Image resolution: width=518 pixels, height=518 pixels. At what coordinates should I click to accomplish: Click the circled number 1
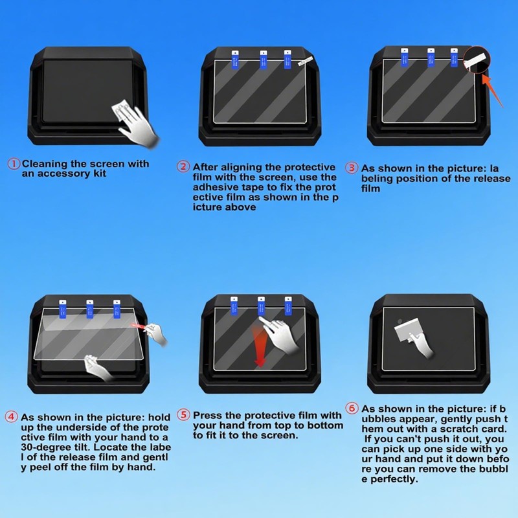click(x=13, y=164)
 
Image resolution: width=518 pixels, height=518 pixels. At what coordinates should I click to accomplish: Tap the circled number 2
click(x=183, y=167)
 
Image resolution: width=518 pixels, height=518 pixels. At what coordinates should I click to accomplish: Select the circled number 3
click(x=352, y=167)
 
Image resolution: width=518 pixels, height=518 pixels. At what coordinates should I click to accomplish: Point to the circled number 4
click(x=11, y=417)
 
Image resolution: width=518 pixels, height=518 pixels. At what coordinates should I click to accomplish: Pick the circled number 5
click(x=183, y=414)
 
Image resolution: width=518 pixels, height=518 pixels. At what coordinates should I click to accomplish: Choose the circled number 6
click(x=352, y=409)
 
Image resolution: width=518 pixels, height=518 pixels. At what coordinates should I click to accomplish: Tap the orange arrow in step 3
click(x=495, y=91)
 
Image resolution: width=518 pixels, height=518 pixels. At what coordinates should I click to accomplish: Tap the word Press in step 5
click(x=208, y=415)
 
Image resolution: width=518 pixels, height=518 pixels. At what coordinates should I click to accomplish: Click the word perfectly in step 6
click(x=394, y=479)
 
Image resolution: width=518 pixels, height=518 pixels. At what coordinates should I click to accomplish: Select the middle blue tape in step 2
click(x=264, y=60)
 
